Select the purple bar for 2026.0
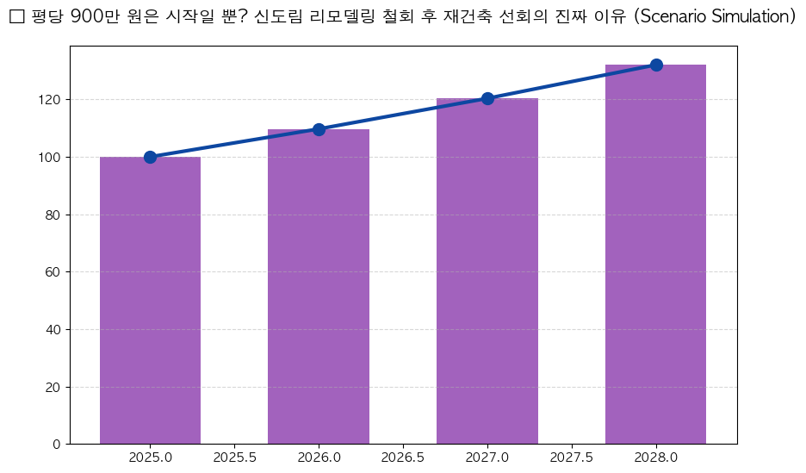pyautogui.click(x=319, y=286)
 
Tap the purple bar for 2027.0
pyautogui.click(x=487, y=271)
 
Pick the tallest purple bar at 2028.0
pyautogui.click(x=655, y=254)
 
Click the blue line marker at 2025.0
pyautogui.click(x=150, y=157)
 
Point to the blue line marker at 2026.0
pyautogui.click(x=319, y=129)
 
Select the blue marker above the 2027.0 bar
pyautogui.click(x=487, y=98)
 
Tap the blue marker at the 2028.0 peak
pyautogui.click(x=656, y=65)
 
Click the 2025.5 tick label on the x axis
pyautogui.click(x=234, y=457)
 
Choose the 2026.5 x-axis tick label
pyautogui.click(x=403, y=457)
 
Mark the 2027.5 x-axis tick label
pyautogui.click(x=572, y=457)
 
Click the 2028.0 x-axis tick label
pyautogui.click(x=656, y=457)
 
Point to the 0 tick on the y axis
pyautogui.click(x=57, y=445)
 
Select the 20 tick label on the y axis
pyautogui.click(x=53, y=387)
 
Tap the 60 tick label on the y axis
pyautogui.click(x=53, y=272)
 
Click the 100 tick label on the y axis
pyautogui.click(x=50, y=158)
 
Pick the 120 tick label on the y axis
pyautogui.click(x=50, y=100)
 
